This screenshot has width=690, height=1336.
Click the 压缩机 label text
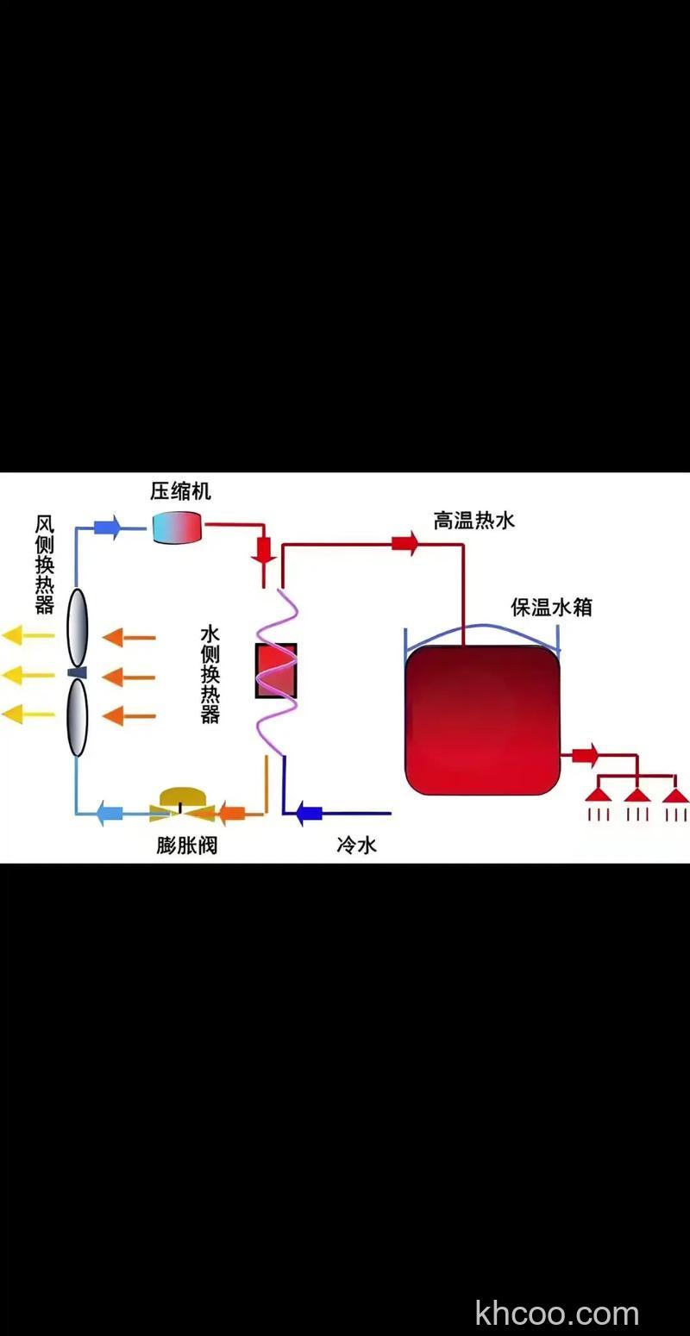pos(180,492)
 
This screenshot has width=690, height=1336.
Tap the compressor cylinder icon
pos(177,527)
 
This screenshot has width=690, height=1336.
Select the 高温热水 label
pos(474,521)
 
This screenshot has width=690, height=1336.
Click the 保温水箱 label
pos(551,608)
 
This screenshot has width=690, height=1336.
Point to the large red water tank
pos(483,720)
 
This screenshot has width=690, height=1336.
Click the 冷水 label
pos(356,845)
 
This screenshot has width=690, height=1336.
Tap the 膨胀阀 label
pos(186,846)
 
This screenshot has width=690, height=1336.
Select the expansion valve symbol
pos(179,802)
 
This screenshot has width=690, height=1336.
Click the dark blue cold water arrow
pos(309,812)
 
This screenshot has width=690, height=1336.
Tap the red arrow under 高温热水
pos(405,543)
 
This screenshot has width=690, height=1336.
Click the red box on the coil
pos(276,671)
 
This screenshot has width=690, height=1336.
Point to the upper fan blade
pos(78,627)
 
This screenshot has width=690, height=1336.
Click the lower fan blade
pos(78,717)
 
